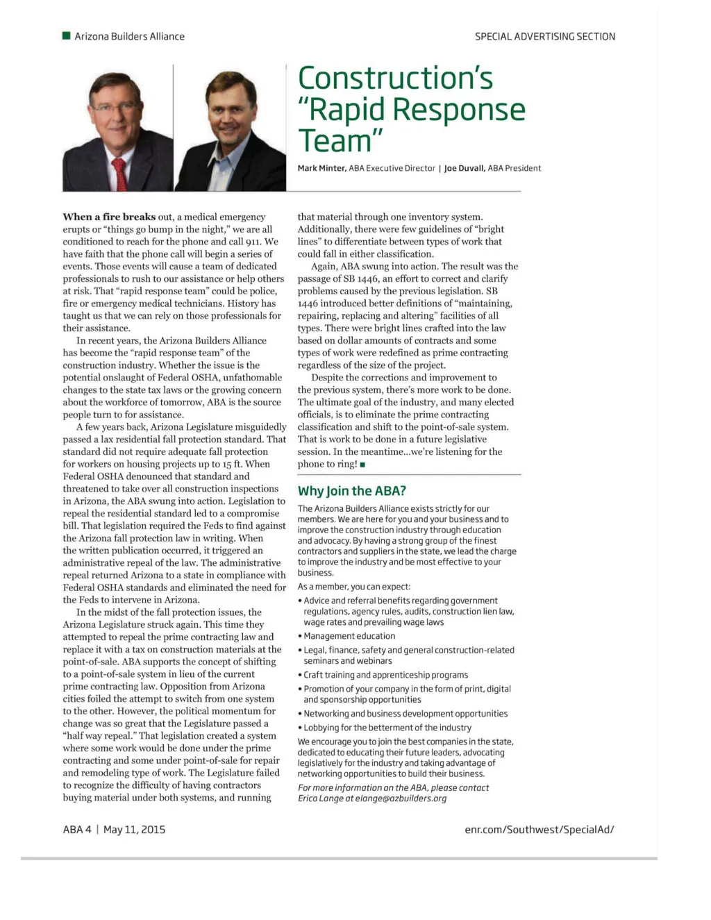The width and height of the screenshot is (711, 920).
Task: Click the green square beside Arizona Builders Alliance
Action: pos(67,36)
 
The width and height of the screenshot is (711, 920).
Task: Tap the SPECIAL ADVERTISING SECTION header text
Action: pos(544,37)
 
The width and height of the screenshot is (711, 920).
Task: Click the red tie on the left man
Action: pos(120,173)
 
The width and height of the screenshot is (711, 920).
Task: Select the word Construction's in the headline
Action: pos(395,78)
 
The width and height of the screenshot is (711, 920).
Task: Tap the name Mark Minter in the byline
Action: pos(321,168)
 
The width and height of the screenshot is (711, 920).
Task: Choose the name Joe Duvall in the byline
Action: pos(464,168)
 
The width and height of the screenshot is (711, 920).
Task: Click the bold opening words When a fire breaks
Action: pos(109,217)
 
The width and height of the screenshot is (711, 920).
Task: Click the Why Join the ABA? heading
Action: pos(351,491)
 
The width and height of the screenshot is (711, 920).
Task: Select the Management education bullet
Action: pos(349,636)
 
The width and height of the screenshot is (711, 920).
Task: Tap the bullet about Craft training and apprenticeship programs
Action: pos(385,675)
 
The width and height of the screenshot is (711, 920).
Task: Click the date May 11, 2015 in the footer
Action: pos(134,829)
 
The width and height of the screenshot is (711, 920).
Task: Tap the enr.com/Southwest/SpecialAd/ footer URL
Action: pos(539,829)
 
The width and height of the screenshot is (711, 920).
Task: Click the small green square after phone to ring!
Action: pos(363,465)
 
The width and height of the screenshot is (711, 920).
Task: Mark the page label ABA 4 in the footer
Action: pos(76,829)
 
